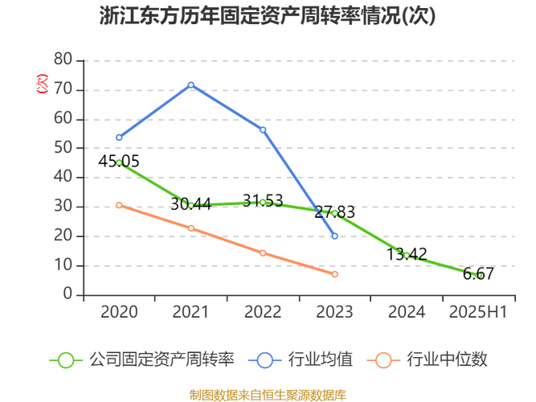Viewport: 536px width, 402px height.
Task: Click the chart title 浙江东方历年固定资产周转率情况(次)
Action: click(268, 17)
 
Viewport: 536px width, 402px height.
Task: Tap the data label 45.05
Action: click(119, 162)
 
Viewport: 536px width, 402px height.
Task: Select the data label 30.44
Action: click(190, 204)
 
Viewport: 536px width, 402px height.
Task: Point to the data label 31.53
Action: click(263, 201)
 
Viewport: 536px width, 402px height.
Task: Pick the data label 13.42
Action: click(407, 254)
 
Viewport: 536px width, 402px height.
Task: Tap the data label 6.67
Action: click(478, 274)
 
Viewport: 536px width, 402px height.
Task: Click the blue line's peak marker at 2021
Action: click(191, 85)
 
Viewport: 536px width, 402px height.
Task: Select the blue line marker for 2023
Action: click(335, 236)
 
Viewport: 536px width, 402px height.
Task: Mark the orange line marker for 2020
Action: click(119, 205)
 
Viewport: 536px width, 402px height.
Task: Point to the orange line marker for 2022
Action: click(263, 253)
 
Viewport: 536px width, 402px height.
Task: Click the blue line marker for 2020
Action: click(119, 137)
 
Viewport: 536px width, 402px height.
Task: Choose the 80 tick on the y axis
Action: click(63, 60)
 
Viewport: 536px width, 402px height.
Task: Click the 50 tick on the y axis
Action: click(63, 148)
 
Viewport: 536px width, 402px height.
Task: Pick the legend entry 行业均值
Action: click(305, 359)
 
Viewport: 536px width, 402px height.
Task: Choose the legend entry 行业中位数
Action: click(432, 359)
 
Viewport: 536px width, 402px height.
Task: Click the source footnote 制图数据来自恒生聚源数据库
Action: click(268, 394)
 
